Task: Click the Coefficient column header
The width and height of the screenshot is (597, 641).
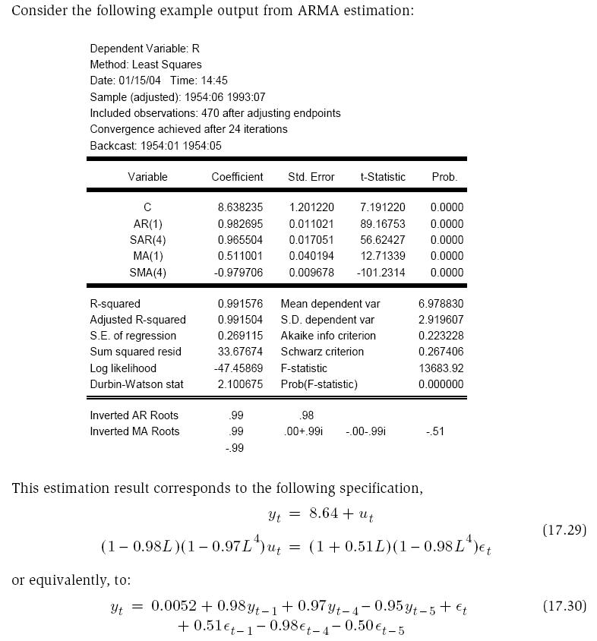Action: tap(237, 177)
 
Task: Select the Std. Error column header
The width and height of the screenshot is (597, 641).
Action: tap(311, 177)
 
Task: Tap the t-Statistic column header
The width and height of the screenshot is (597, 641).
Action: tap(383, 177)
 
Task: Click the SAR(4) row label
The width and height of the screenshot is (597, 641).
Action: tap(147, 240)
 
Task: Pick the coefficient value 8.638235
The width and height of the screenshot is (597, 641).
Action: tap(240, 207)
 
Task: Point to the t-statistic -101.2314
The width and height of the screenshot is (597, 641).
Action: tap(381, 273)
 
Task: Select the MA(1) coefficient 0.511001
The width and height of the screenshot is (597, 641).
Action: tap(240, 256)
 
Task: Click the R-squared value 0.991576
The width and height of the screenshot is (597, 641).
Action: tap(240, 304)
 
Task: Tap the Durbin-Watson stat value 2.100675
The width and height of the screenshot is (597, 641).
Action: tap(240, 384)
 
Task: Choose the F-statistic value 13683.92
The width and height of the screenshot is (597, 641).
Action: tap(441, 368)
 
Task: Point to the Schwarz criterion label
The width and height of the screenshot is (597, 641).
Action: tap(322, 352)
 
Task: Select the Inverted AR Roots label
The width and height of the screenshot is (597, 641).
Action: tap(134, 415)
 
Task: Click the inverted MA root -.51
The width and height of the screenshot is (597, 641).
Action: tap(435, 431)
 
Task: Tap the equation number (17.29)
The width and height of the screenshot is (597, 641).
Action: tap(564, 530)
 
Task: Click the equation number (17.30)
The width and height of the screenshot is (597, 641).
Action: tap(564, 606)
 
